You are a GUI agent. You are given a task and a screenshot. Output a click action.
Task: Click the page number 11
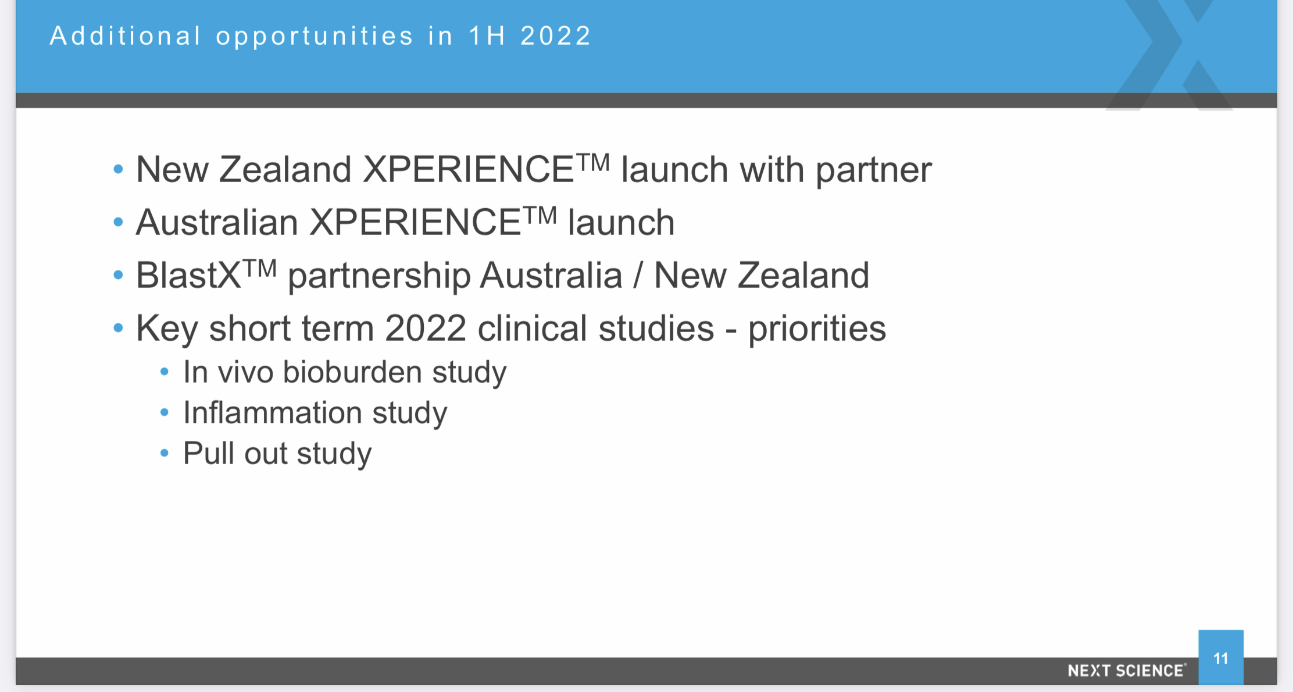(1221, 658)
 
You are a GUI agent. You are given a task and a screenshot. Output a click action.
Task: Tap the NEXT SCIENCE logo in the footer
(1127, 670)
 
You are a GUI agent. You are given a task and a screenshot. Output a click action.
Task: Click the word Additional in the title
(126, 36)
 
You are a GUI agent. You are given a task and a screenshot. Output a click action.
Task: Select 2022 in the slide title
(556, 36)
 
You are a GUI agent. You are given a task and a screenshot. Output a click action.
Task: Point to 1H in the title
(487, 36)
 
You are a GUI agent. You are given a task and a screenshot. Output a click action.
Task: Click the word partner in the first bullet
(874, 170)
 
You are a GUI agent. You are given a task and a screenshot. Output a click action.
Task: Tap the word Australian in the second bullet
(217, 222)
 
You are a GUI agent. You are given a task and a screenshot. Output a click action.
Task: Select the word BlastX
(188, 275)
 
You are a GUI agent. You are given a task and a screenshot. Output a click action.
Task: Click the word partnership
(379, 276)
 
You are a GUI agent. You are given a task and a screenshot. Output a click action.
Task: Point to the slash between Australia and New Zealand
(638, 275)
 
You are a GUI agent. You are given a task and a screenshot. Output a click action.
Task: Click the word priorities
(817, 329)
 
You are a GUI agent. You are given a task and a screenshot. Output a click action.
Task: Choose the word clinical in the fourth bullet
(532, 328)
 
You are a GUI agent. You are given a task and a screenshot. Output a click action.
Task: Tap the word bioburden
(352, 372)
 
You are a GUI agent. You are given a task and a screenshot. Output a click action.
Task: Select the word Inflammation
(273, 413)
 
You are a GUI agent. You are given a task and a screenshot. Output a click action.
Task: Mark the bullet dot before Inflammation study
(165, 413)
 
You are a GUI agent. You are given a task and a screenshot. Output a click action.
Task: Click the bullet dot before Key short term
(119, 328)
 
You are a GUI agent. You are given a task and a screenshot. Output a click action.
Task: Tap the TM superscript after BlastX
(259, 269)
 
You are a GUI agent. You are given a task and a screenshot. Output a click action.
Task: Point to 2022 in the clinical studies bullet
(426, 329)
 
